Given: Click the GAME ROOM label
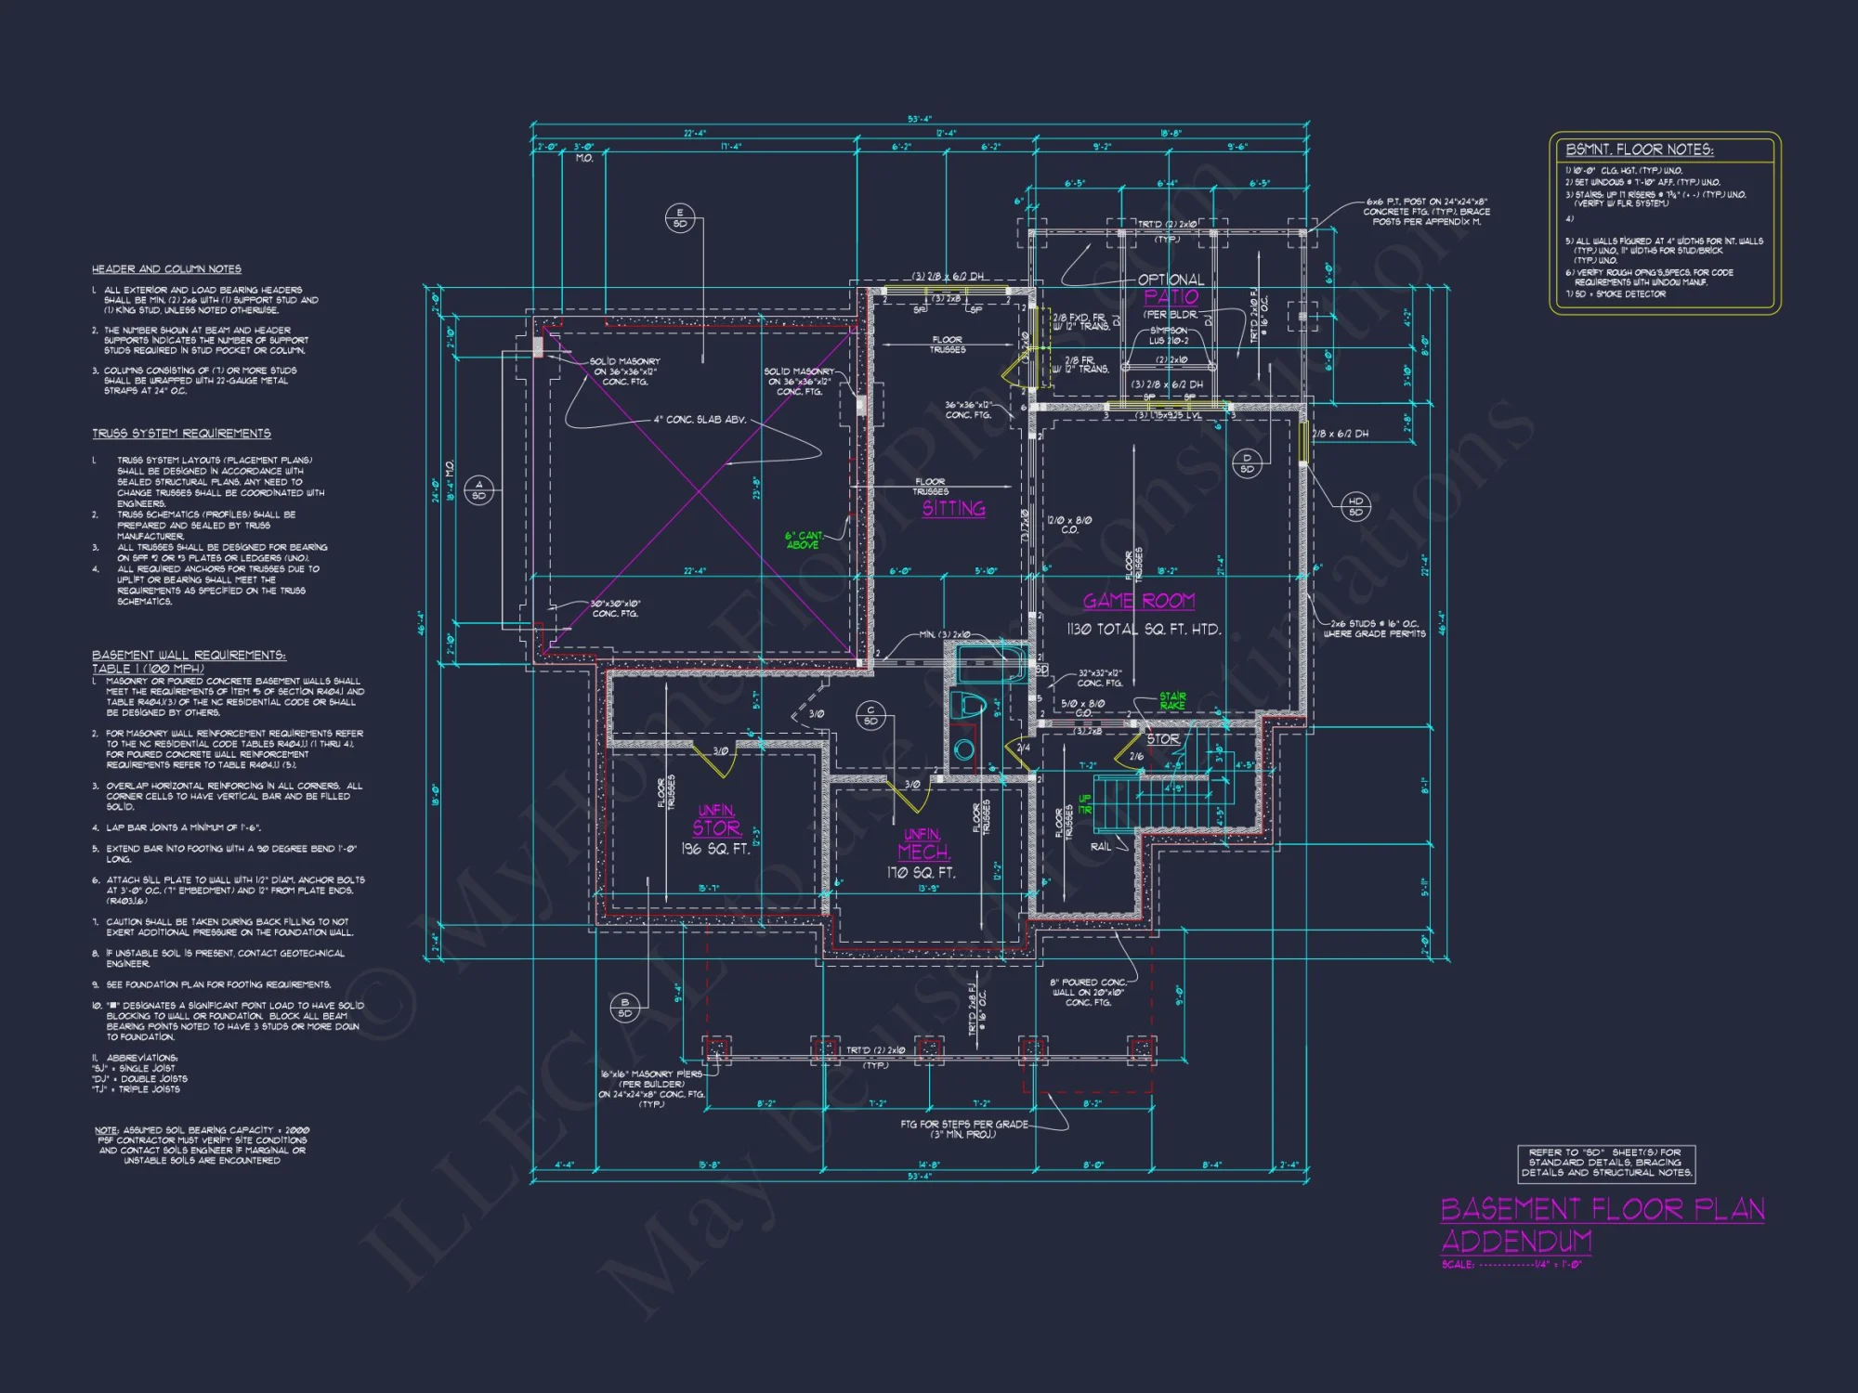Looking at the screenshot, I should click(x=1138, y=601).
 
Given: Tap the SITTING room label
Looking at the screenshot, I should click(x=953, y=509).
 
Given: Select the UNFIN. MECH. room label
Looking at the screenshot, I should click(x=922, y=844).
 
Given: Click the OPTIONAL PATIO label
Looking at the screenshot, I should click(x=1171, y=289).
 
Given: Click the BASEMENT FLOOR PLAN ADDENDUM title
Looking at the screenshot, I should click(x=1602, y=1224).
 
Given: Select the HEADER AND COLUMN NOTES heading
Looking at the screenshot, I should click(x=166, y=269).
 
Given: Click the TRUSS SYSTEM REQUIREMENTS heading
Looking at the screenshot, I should click(x=181, y=434).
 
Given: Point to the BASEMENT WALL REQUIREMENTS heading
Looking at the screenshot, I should click(x=189, y=656).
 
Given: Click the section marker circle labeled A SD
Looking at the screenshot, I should click(x=478, y=489).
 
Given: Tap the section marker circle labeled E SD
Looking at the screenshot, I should click(x=679, y=218).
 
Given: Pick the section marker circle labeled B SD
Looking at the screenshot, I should click(x=624, y=1008).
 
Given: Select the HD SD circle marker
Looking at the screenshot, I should click(x=1355, y=506).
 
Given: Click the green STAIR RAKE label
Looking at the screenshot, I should click(x=1172, y=700).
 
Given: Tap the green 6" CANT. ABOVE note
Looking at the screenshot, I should click(x=804, y=540).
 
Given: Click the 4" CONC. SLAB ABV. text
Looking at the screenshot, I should click(x=700, y=420).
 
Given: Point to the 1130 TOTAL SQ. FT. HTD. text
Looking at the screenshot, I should click(x=1144, y=630).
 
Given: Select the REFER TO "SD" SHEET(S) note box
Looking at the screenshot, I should click(x=1606, y=1163).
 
